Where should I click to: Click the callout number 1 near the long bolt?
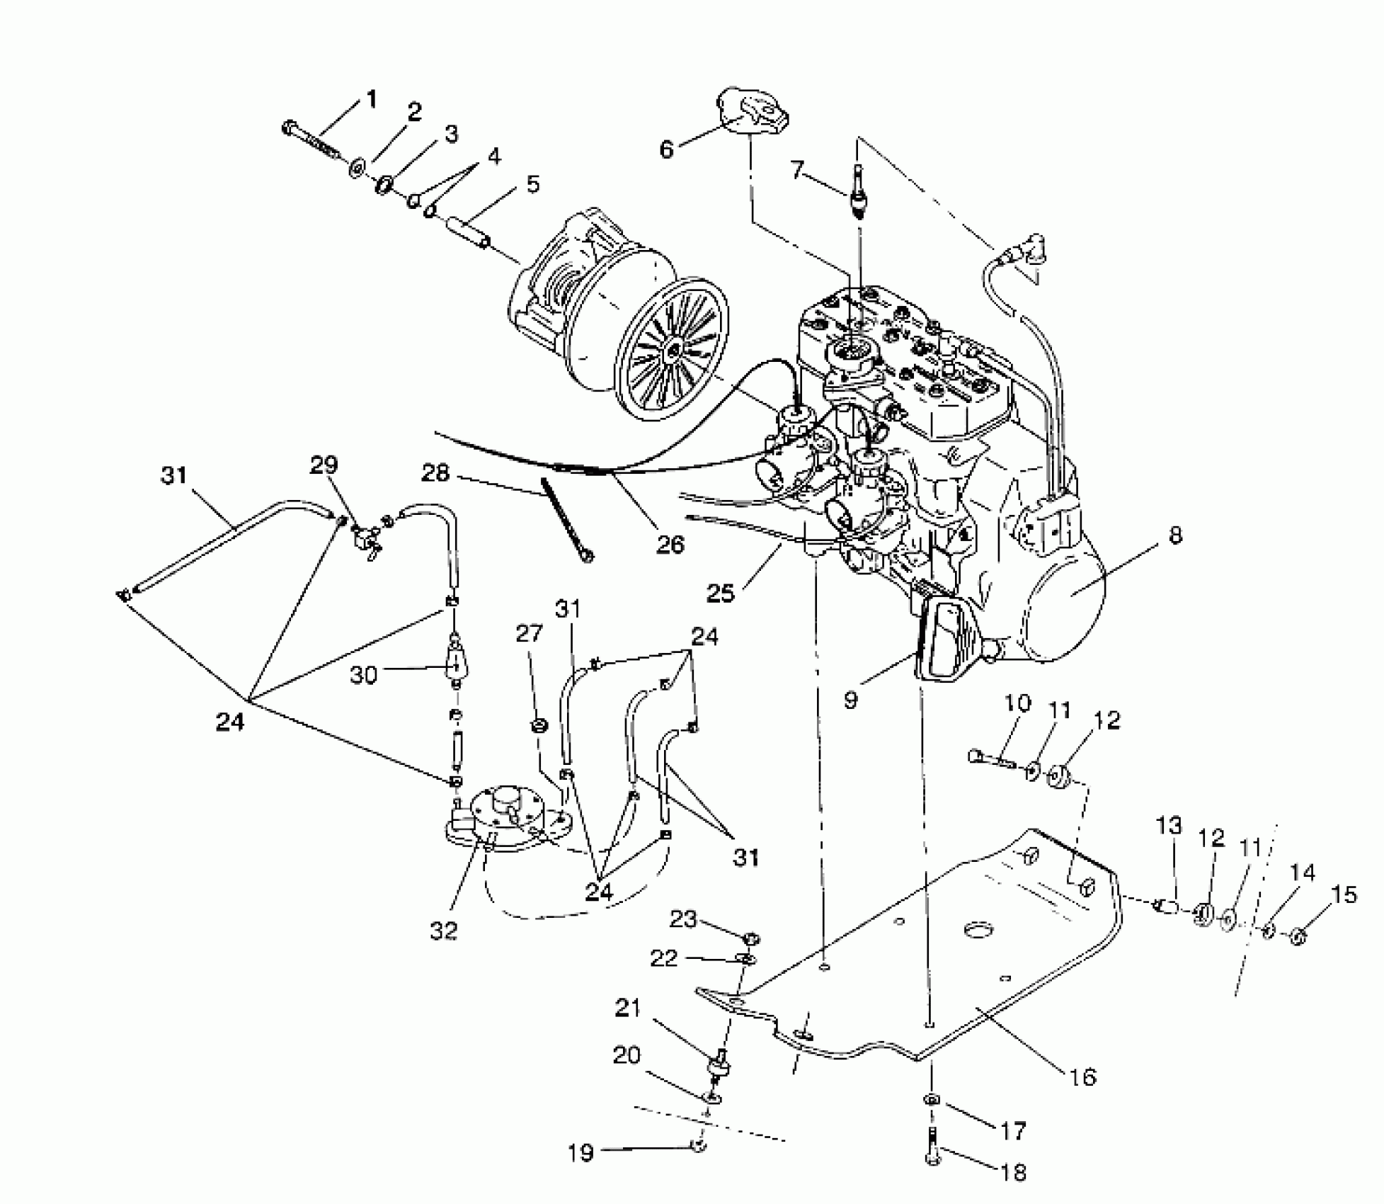coord(371,100)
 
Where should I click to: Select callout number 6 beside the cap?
coord(666,150)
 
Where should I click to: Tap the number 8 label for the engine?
coord(1174,535)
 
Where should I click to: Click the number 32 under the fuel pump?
coord(444,931)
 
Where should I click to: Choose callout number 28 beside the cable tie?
coord(435,472)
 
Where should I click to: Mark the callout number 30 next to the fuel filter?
coord(363,675)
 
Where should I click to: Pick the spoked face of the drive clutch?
coord(669,349)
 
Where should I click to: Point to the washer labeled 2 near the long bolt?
coord(357,169)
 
